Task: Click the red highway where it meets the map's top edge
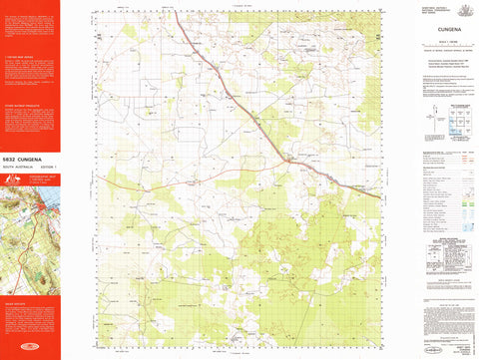[x=179, y=12]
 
